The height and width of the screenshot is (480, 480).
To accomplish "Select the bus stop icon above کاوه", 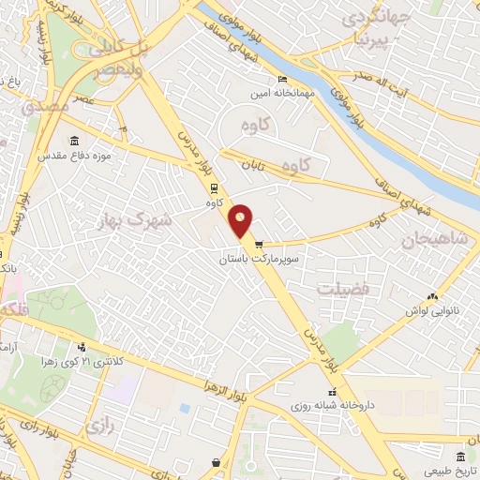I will (214, 186).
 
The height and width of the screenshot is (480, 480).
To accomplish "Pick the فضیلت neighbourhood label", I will (342, 290).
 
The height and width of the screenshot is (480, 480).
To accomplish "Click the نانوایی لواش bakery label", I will (430, 309).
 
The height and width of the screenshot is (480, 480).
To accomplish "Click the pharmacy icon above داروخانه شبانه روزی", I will (331, 392).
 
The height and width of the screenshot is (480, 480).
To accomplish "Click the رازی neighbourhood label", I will (99, 427).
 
